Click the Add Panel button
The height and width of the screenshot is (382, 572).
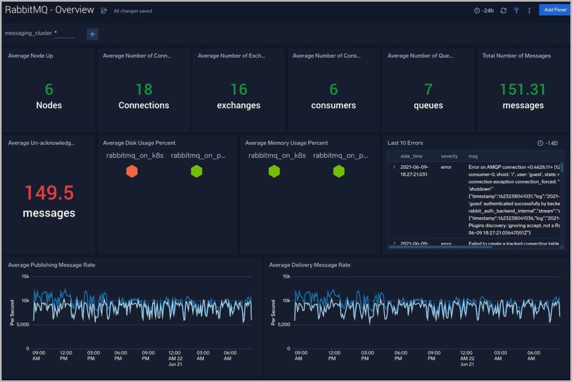(555, 10)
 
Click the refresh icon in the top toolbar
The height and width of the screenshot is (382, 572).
(503, 11)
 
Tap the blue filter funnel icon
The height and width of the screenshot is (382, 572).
(517, 11)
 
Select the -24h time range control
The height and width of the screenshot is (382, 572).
(484, 11)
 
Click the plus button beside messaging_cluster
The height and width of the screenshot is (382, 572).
(93, 34)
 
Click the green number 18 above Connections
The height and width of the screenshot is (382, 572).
(144, 89)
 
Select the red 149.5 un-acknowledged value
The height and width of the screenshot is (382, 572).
(49, 193)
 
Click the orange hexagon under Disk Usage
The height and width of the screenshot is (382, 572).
(132, 171)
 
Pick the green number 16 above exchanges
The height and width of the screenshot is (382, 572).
(239, 89)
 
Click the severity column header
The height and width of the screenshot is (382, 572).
(449, 156)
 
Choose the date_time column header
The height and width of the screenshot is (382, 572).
(411, 156)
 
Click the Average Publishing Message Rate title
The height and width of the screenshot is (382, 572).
(51, 265)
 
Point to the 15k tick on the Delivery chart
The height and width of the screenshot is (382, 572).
(285, 276)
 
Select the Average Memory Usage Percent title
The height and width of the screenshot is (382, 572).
(287, 143)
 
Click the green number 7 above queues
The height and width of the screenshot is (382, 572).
(428, 89)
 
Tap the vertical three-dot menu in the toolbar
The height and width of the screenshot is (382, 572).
(529, 11)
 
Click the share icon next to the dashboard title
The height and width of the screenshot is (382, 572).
(104, 11)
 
